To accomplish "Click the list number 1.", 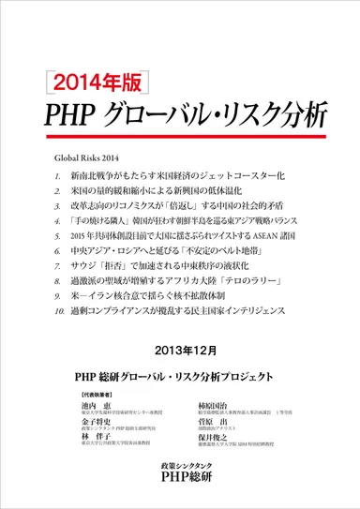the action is click(x=59, y=175).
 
